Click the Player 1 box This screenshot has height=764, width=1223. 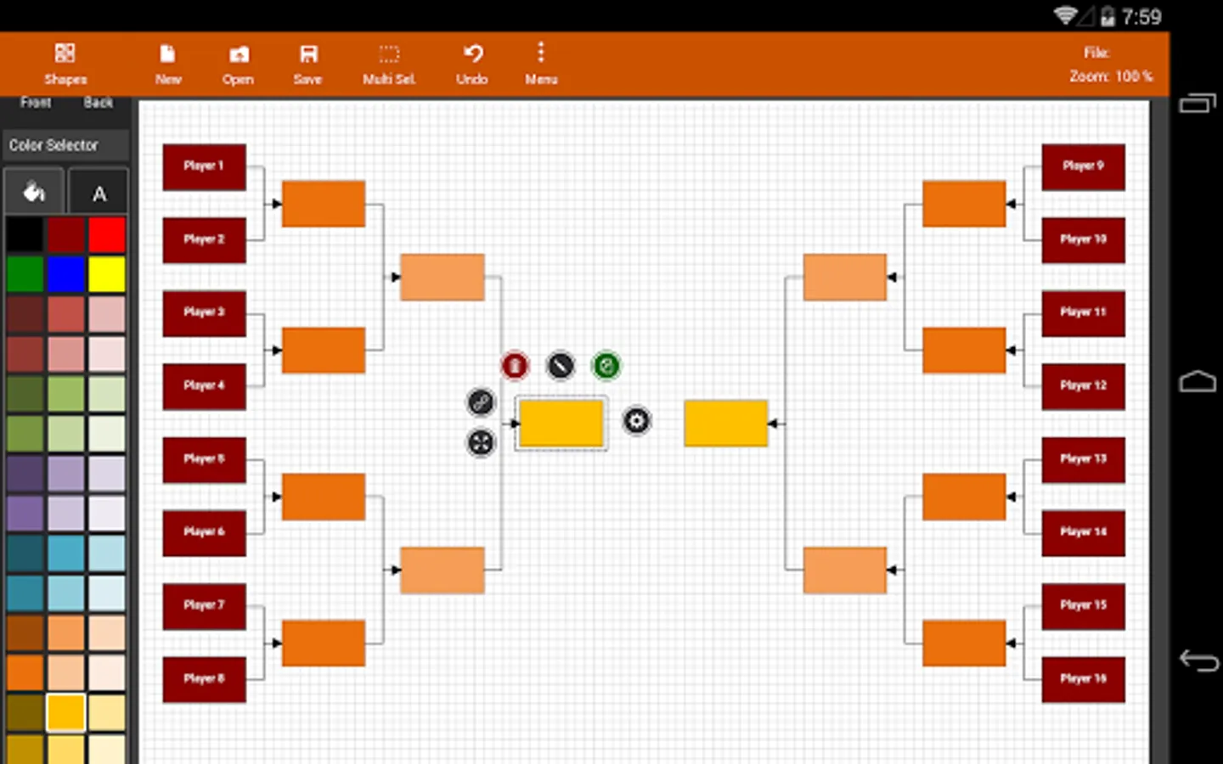(204, 166)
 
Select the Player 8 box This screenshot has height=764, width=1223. (204, 679)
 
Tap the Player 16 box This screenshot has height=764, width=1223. (1083, 679)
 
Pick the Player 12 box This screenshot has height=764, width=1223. (1083, 386)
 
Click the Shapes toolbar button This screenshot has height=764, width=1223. (65, 64)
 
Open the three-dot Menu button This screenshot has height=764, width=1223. (541, 64)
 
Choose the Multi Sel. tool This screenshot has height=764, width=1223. (389, 64)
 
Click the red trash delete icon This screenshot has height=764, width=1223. (515, 366)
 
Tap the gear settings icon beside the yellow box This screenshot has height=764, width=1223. (636, 420)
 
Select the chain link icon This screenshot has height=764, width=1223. (481, 402)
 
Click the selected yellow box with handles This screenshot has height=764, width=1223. (561, 424)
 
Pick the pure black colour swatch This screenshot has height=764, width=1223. (25, 235)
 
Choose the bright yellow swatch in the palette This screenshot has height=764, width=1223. (107, 275)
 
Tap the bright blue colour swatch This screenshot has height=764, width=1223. (66, 275)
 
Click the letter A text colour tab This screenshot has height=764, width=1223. (99, 193)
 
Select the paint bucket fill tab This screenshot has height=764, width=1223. (34, 193)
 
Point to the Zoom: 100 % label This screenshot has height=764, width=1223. (1110, 76)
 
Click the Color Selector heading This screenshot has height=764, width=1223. (54, 145)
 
